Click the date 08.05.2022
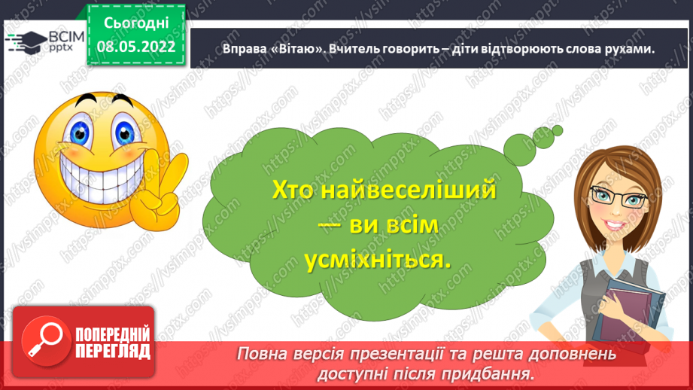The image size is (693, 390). click(x=135, y=47)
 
